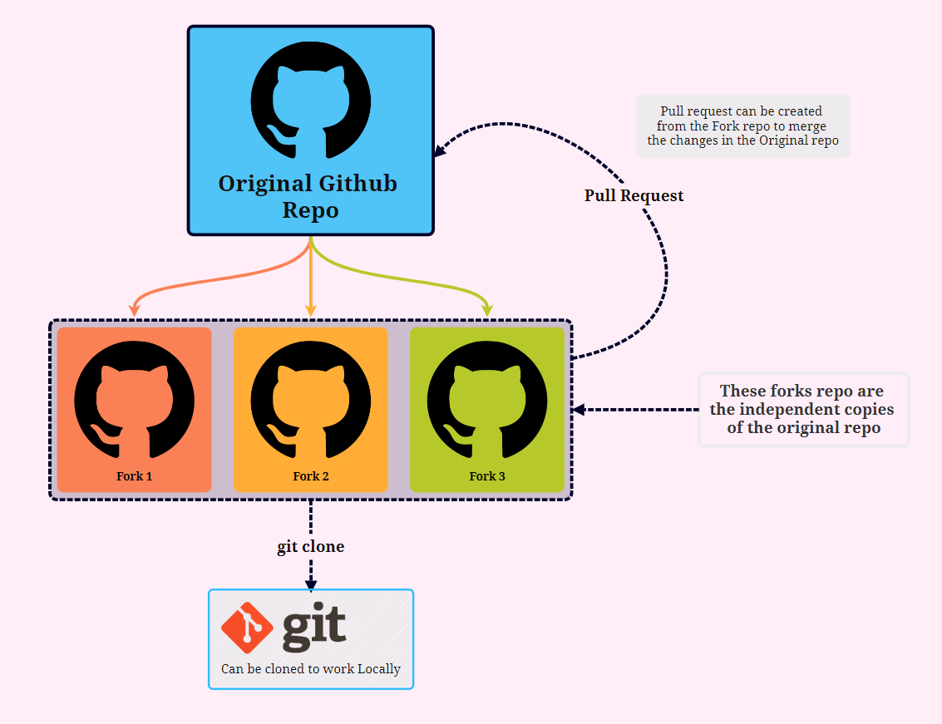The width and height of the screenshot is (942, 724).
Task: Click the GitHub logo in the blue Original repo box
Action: point(310,99)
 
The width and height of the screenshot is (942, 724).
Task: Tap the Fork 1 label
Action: point(135,476)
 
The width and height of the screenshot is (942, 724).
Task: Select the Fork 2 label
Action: point(311,476)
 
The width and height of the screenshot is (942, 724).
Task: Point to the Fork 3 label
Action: point(487,476)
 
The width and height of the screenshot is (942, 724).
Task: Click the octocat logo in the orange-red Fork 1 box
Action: point(135,399)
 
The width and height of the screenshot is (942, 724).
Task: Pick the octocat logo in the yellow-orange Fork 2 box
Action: point(311,399)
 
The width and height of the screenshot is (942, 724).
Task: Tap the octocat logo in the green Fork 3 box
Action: point(487,399)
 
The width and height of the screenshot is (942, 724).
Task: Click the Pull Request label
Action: point(634,196)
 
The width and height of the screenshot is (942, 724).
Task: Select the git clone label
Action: point(310,547)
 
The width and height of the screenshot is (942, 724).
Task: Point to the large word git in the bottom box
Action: point(314,630)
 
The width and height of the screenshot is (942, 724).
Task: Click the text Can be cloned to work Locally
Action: point(311,669)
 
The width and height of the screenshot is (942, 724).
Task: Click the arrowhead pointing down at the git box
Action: point(310,584)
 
